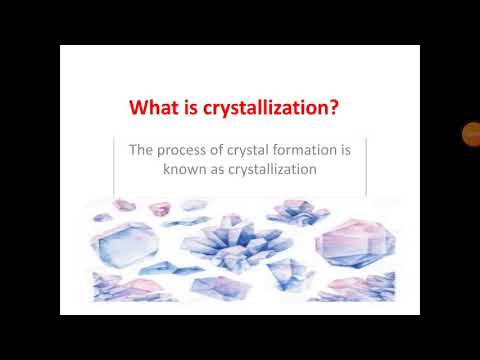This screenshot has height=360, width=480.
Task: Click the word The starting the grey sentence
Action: [x=141, y=151]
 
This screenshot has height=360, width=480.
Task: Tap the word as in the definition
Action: [x=216, y=170]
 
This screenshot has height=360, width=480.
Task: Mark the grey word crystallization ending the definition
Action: [x=272, y=170]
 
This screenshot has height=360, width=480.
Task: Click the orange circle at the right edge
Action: [x=471, y=133]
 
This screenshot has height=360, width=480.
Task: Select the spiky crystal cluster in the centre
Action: [x=228, y=245]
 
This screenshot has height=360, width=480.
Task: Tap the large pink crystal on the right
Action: [x=350, y=240]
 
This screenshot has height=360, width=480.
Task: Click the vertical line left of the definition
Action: [x=114, y=165]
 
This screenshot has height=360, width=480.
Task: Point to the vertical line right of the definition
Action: [x=366, y=165]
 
